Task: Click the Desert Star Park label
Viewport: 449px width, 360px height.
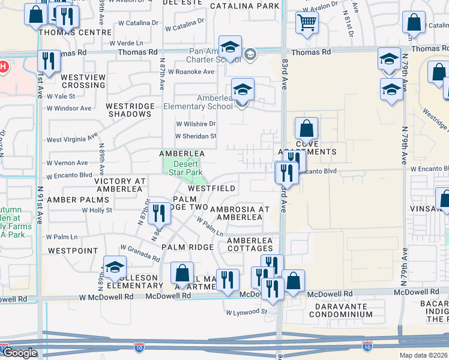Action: tap(187, 168)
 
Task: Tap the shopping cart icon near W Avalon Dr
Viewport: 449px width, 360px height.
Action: tap(307, 23)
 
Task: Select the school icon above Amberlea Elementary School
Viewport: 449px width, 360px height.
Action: tap(243, 90)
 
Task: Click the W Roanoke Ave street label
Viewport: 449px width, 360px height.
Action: tap(191, 71)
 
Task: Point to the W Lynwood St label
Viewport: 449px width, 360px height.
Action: tap(246, 312)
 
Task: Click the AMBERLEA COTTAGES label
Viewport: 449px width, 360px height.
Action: tap(250, 245)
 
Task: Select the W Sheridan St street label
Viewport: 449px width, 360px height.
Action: tap(196, 136)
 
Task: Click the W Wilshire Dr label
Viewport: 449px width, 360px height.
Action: tap(195, 124)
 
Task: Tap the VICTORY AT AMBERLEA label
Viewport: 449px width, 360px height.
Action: tap(120, 185)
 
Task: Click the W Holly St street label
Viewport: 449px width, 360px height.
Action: tap(97, 210)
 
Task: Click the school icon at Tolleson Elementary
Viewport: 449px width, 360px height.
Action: tap(115, 267)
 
